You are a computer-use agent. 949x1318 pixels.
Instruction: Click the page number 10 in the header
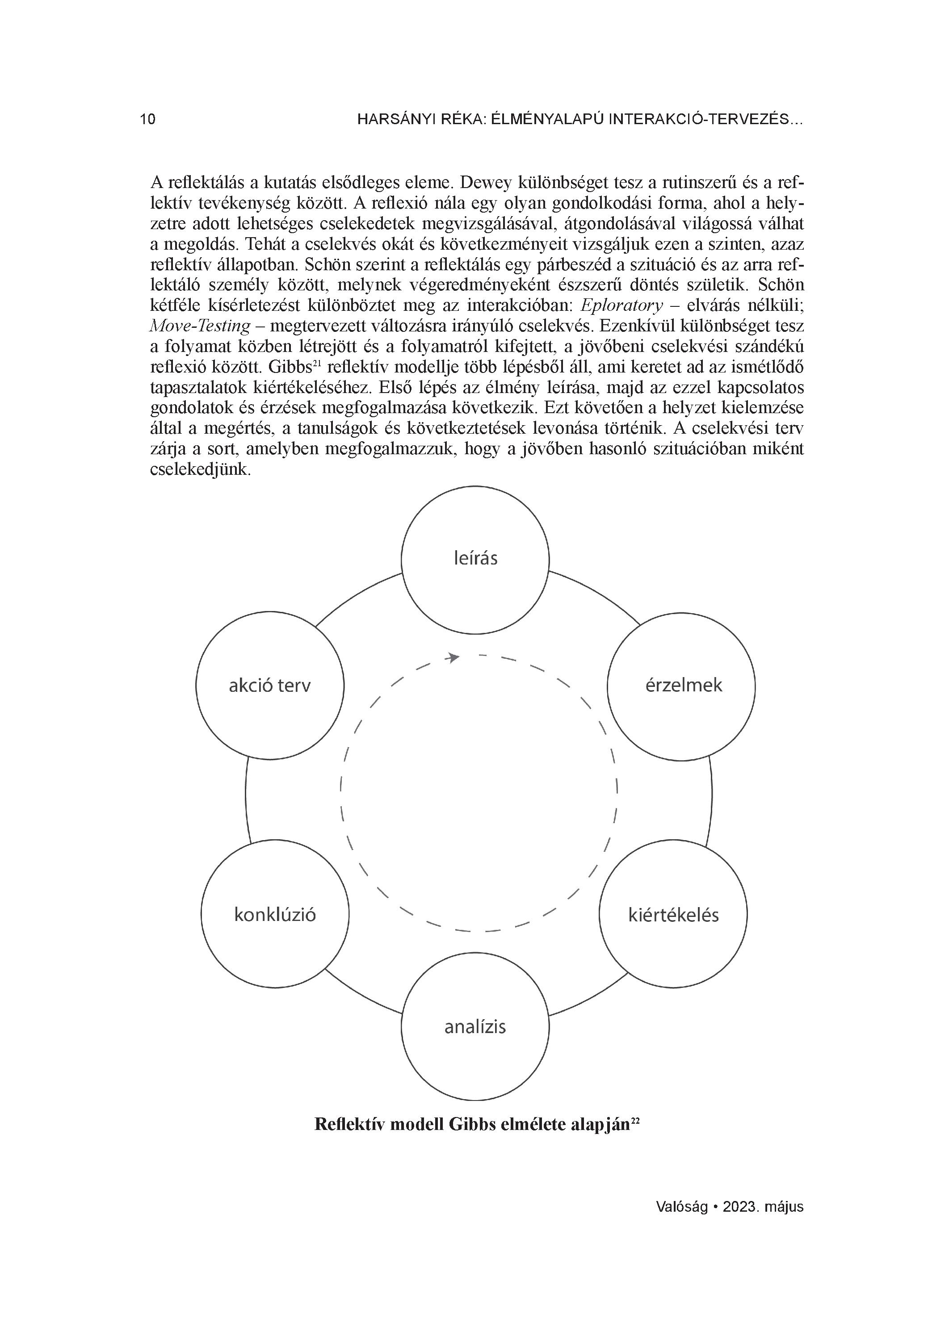click(148, 120)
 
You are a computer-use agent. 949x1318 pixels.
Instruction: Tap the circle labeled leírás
click(475, 559)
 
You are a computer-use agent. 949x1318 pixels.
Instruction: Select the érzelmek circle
click(681, 686)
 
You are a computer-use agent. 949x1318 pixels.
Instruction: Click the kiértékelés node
click(673, 915)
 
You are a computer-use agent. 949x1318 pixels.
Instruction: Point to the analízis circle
click(475, 1027)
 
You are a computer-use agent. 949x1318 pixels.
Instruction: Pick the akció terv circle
click(270, 686)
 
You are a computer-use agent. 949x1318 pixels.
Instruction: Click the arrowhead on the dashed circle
click(453, 658)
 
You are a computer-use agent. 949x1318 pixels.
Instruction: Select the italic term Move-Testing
click(201, 326)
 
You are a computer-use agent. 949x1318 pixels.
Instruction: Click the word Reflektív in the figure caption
click(349, 1125)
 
